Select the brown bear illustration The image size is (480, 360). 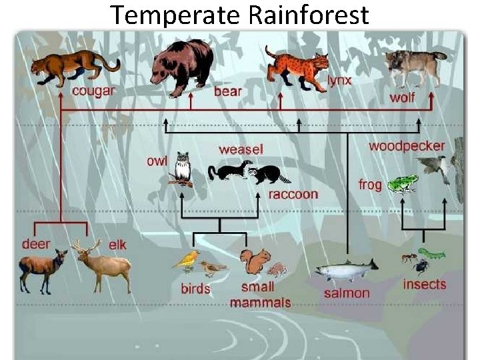click(x=181, y=65)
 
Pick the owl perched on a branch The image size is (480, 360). click(x=182, y=169)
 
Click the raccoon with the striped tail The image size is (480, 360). click(x=270, y=174)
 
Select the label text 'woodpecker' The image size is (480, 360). click(x=407, y=146)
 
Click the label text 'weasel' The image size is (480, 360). click(x=241, y=150)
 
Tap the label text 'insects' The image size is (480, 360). click(x=424, y=285)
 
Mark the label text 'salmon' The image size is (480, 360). click(x=346, y=293)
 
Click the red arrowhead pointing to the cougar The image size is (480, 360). click(x=61, y=97)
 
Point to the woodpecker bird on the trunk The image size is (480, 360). click(x=437, y=167)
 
